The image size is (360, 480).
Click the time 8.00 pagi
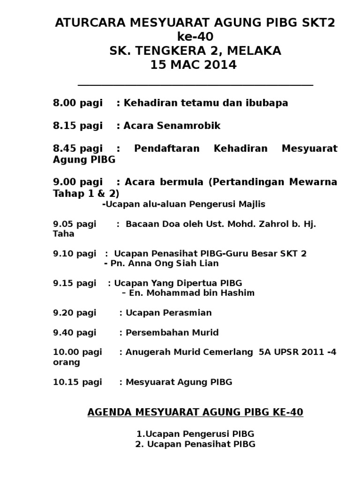click(77, 103)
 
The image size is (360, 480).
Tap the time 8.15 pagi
click(77, 126)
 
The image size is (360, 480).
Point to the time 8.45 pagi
click(77, 149)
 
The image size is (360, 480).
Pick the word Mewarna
click(314, 181)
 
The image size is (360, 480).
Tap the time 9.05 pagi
click(75, 224)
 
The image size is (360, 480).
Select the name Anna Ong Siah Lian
click(165, 263)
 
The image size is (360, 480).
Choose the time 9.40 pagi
click(75, 333)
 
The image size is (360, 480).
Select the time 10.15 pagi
click(77, 382)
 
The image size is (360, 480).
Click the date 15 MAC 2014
click(194, 65)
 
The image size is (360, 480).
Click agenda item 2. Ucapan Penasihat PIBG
click(195, 444)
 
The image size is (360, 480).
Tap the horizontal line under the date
click(195, 85)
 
